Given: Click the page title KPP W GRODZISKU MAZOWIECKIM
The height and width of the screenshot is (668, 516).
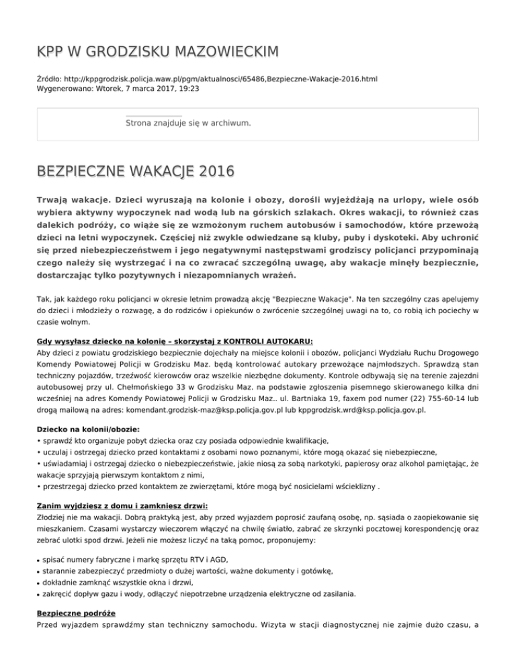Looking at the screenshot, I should point(158,52).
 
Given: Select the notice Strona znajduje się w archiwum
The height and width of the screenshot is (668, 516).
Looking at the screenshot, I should point(188,123).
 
